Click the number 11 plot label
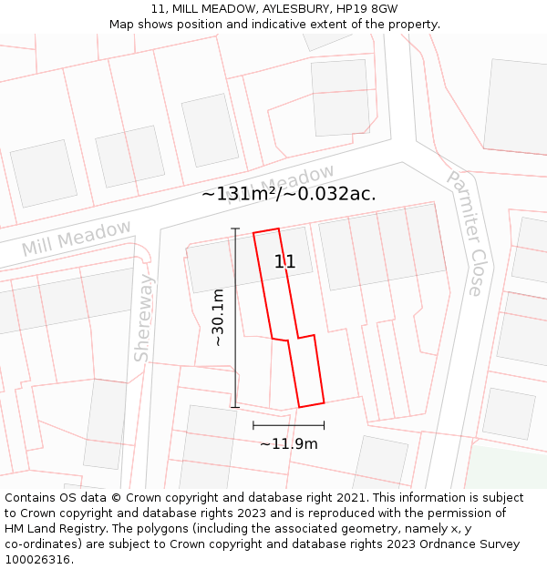[x=284, y=262]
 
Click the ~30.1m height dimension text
[x=219, y=318]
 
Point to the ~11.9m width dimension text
[x=288, y=444]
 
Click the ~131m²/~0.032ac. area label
[x=288, y=193]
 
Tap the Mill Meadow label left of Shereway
[x=77, y=238]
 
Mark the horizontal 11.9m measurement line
[x=288, y=425]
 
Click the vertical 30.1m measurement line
[x=235, y=318]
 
